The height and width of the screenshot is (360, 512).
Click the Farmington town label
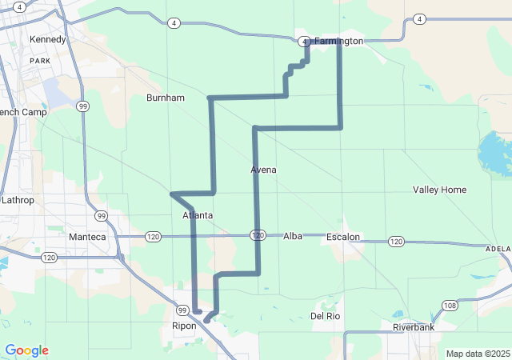coord(338,41)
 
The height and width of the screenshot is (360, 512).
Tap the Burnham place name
coord(166,98)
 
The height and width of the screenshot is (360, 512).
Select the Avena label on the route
coord(264,170)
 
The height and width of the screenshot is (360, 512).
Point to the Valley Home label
coord(439,190)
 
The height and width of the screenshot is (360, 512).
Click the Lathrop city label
coord(18,200)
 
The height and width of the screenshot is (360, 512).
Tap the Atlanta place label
coord(198,215)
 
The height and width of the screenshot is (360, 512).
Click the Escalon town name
coord(343,237)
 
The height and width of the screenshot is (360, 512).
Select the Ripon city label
coord(184,326)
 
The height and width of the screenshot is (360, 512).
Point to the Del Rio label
coord(326,316)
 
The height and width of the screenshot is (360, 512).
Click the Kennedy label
coord(46,39)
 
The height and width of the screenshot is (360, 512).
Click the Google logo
coord(26,350)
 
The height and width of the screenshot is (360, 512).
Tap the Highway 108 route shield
coord(450,306)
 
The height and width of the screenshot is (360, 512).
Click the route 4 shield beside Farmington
coord(304,41)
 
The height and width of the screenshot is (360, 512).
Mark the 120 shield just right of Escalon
coord(396,241)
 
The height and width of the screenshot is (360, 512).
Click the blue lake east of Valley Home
coord(496,154)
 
